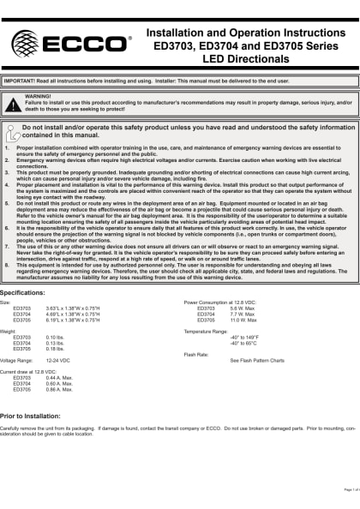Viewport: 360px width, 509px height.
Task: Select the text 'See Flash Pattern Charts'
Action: pyautogui.click(x=263, y=362)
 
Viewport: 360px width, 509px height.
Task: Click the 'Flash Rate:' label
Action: pyautogui.click(x=196, y=353)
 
